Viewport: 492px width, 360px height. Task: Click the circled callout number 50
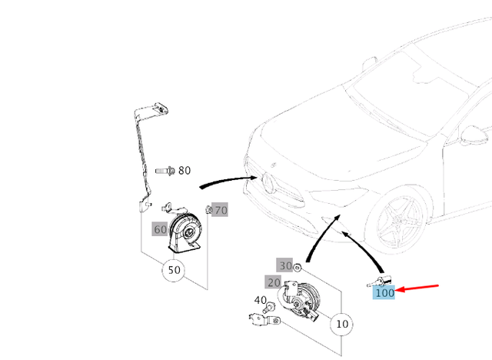(175, 271)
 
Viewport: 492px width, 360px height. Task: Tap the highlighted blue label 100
(384, 292)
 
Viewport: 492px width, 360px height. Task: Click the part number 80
(184, 170)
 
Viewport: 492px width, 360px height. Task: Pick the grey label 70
(221, 210)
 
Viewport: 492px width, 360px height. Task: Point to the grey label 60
(160, 229)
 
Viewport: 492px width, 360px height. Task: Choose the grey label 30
(285, 265)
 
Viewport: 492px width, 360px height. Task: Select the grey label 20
(274, 282)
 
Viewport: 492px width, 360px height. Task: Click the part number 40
(261, 301)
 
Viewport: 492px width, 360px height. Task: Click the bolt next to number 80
(165, 170)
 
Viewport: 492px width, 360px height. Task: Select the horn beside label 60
(185, 230)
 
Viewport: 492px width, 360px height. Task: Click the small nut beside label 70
(209, 210)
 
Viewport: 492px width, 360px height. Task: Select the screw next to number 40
(271, 308)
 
